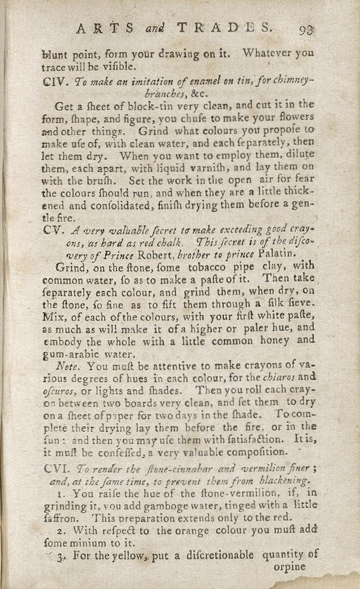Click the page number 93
(306, 30)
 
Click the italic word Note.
(65, 366)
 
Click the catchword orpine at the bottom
(289, 567)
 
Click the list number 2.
(60, 531)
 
